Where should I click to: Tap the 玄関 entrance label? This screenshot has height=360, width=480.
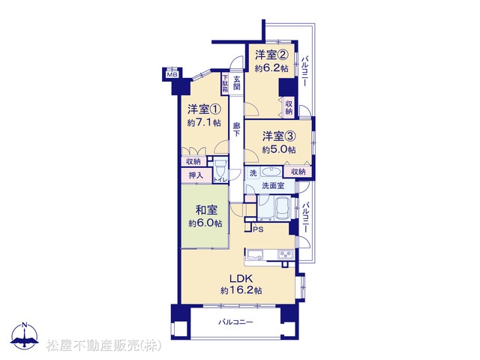(237, 83)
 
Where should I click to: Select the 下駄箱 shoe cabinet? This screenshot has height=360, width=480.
(225, 84)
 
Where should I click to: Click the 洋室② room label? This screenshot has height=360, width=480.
(271, 55)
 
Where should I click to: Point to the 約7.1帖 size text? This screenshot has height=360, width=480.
(204, 123)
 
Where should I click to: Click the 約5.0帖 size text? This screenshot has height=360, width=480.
(278, 150)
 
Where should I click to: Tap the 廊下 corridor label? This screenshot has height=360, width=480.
(237, 130)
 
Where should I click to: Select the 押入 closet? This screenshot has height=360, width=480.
(196, 175)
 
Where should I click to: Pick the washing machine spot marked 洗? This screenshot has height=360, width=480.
(253, 172)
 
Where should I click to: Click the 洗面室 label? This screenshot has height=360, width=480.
(273, 185)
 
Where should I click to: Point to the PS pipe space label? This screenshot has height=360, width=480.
(258, 229)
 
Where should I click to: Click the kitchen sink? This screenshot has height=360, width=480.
(255, 254)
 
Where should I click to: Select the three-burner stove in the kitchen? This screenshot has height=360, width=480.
(286, 254)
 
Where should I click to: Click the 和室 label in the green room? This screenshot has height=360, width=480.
(206, 210)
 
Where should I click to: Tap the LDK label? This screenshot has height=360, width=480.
(241, 278)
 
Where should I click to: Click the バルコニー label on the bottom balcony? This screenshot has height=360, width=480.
(235, 322)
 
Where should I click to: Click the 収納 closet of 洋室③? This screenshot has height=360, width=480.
(298, 172)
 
